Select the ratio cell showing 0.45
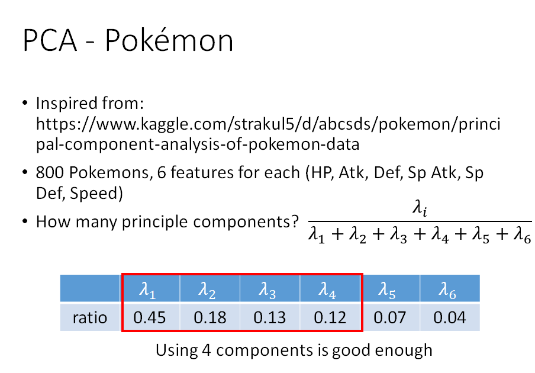pos(150,318)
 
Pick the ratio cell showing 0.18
pos(210,318)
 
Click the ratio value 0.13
pos(270,318)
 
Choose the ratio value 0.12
pos(330,318)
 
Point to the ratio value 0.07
pos(390,318)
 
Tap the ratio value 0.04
pos(450,318)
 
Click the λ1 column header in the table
pos(150,290)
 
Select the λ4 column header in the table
pos(330,290)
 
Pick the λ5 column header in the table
pos(390,290)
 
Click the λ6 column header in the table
pos(450,290)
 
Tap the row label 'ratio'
pos(90,318)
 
